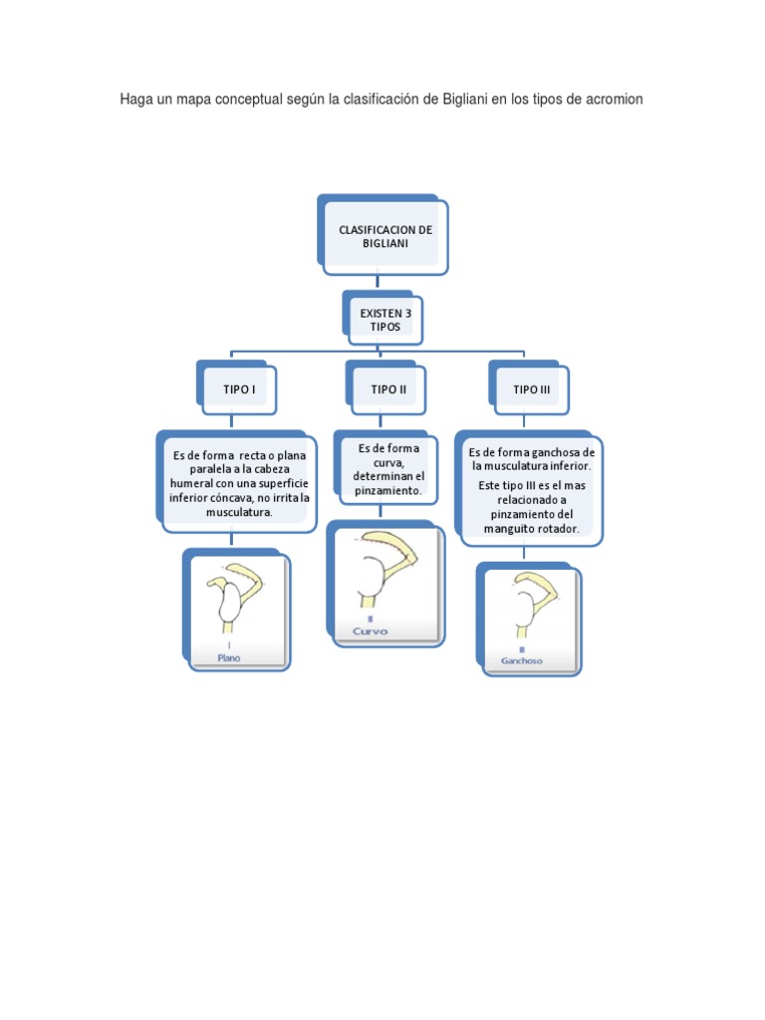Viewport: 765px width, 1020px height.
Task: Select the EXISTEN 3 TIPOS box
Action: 385,320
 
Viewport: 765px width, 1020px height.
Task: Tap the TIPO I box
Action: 240,389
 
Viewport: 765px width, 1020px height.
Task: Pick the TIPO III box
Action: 531,389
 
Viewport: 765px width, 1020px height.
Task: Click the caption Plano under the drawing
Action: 229,657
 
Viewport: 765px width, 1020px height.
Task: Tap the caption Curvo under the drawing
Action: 370,632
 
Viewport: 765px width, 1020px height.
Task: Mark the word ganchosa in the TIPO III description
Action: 553,452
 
